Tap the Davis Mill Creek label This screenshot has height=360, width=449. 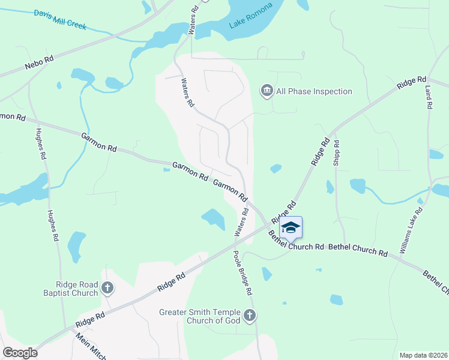61,20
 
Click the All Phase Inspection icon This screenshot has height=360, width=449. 267,91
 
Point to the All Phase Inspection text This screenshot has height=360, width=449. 314,91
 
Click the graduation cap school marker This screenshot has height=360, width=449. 291,228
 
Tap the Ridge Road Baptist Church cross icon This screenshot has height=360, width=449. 107,289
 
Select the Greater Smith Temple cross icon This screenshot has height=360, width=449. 250,315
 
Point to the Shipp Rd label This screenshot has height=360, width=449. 337,153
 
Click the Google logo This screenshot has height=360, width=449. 20,353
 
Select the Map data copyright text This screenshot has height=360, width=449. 424,355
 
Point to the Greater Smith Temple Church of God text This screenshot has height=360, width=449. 200,316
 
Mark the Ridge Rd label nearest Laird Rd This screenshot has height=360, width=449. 411,83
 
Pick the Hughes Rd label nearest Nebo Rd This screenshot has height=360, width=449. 40,143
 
